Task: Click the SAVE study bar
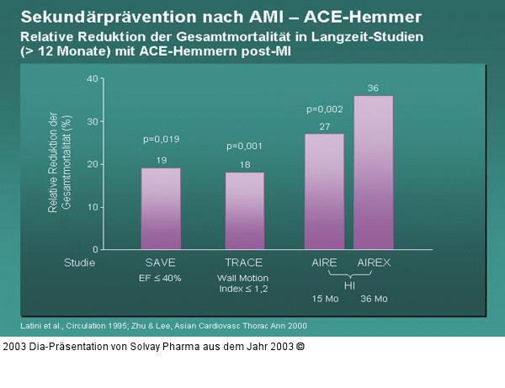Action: [x=161, y=208]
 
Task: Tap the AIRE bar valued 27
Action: [x=324, y=191]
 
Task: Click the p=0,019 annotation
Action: [x=161, y=139]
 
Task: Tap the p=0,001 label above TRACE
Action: [x=245, y=146]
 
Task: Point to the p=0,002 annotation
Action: [x=325, y=109]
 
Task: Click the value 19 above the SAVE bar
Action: [x=161, y=159]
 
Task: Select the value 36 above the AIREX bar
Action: [x=373, y=88]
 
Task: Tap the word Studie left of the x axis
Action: [x=80, y=263]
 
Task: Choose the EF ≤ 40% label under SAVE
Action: [x=161, y=278]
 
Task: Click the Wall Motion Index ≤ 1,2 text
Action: [x=245, y=283]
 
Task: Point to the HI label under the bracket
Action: [x=348, y=284]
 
